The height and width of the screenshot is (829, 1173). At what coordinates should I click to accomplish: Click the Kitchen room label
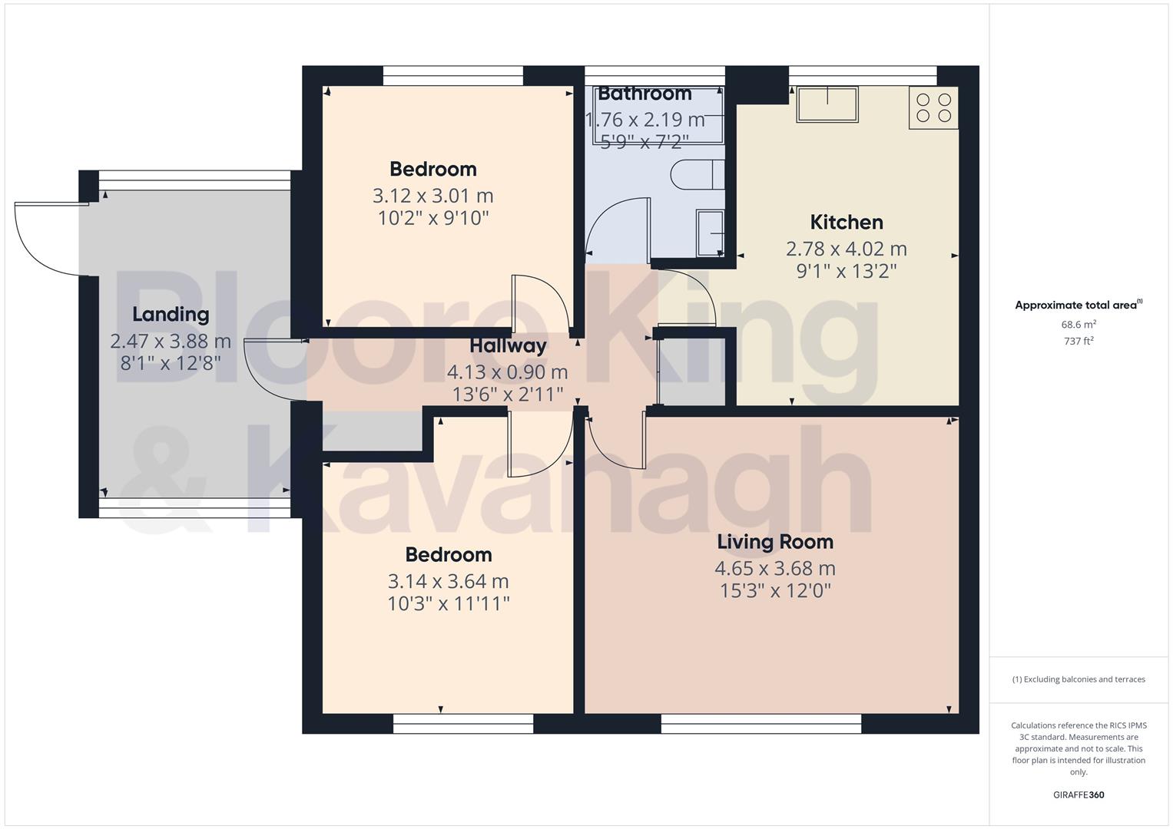pyautogui.click(x=847, y=223)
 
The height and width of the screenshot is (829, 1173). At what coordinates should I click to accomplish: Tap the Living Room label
pyautogui.click(x=774, y=542)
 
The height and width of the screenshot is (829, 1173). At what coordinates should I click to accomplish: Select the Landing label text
pyautogui.click(x=171, y=314)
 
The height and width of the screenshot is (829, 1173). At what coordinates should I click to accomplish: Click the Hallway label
pyautogui.click(x=508, y=345)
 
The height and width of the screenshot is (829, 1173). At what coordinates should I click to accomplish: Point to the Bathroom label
pyautogui.click(x=644, y=94)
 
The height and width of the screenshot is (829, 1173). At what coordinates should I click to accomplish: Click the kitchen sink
pyautogui.click(x=827, y=104)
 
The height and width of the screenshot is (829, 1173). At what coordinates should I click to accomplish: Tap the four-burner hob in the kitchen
pyautogui.click(x=933, y=107)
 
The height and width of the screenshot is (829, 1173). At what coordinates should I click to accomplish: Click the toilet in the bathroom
pyautogui.click(x=697, y=175)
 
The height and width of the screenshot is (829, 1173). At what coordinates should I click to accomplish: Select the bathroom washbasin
pyautogui.click(x=710, y=233)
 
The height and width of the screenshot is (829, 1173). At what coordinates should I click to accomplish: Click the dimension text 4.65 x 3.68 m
pyautogui.click(x=774, y=569)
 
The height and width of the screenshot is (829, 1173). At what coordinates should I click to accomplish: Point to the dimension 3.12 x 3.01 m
pyautogui.click(x=432, y=197)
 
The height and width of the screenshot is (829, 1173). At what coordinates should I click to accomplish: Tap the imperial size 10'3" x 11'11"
pyautogui.click(x=448, y=603)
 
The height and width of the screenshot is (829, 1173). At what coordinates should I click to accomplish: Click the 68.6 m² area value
pyautogui.click(x=1079, y=325)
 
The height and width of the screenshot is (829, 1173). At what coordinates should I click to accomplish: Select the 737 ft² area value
pyautogui.click(x=1079, y=341)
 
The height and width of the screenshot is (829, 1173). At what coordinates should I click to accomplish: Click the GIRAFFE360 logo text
pyautogui.click(x=1078, y=794)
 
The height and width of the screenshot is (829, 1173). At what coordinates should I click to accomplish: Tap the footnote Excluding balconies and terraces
pyautogui.click(x=1079, y=679)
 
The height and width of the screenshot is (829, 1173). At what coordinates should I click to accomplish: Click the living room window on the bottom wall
pyautogui.click(x=760, y=723)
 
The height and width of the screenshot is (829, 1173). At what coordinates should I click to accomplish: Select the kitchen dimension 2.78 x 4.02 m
pyautogui.click(x=846, y=249)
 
